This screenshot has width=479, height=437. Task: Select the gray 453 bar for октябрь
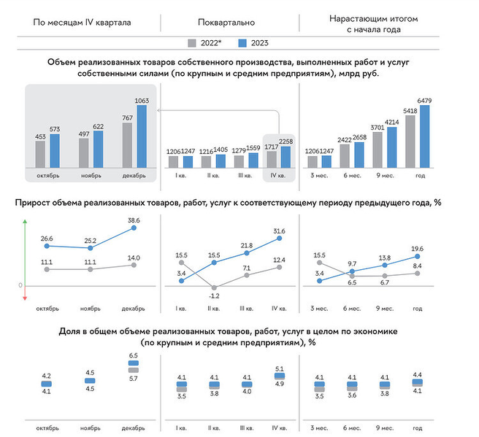tap(40, 155)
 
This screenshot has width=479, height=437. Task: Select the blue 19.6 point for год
tap(418, 257)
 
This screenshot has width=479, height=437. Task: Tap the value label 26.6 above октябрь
tap(47, 239)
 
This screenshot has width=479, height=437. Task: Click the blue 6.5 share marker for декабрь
tap(133, 363)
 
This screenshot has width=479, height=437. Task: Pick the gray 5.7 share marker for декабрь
tap(133, 370)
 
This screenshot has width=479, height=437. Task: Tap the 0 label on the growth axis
tap(20, 286)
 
